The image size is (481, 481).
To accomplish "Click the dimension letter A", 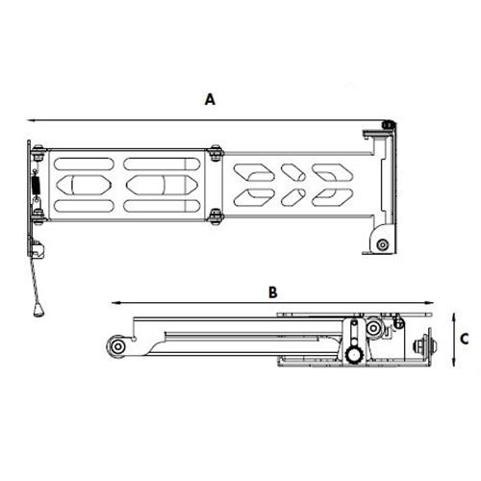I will tap(210, 98).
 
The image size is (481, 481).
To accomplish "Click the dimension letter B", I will tap(272, 290).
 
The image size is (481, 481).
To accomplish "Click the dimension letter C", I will tap(464, 339).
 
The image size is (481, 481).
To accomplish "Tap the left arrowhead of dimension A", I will tap(30, 119).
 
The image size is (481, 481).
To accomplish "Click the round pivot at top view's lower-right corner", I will tap(383, 244).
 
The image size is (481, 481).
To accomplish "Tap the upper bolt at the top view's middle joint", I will tap(214, 151).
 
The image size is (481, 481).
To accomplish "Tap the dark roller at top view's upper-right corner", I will tap(388, 124).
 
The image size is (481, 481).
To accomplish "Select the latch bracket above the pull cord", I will tap(38, 249).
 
